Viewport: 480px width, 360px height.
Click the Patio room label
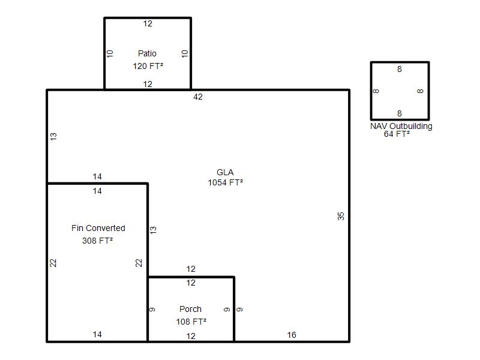pos(147,53)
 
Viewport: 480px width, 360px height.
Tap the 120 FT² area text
pos(148,66)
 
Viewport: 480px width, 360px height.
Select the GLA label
pos(225,172)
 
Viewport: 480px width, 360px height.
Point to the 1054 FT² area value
pos(226,183)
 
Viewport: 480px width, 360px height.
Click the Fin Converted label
pos(98,228)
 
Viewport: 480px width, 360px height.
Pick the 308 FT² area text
pos(97,241)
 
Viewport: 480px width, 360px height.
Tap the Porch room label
pos(190,309)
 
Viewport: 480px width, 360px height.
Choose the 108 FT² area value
pos(191,322)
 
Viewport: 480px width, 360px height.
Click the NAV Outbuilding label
pos(401,126)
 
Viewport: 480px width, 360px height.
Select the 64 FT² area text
pos(397,134)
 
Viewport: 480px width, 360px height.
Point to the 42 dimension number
pos(198,97)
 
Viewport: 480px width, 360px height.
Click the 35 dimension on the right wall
pos(341,216)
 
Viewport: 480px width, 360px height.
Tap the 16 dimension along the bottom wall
pos(292,335)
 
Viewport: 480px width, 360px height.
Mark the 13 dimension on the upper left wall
pos(53,137)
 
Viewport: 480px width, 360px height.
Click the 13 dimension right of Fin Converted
pos(153,230)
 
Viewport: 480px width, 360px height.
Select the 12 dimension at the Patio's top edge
pos(148,23)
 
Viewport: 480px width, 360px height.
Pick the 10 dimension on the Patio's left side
pos(110,54)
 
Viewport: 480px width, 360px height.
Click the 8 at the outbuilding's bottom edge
pos(400,113)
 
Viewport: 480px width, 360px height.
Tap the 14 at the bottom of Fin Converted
pos(97,335)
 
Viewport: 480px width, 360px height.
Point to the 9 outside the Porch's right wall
pos(239,310)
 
